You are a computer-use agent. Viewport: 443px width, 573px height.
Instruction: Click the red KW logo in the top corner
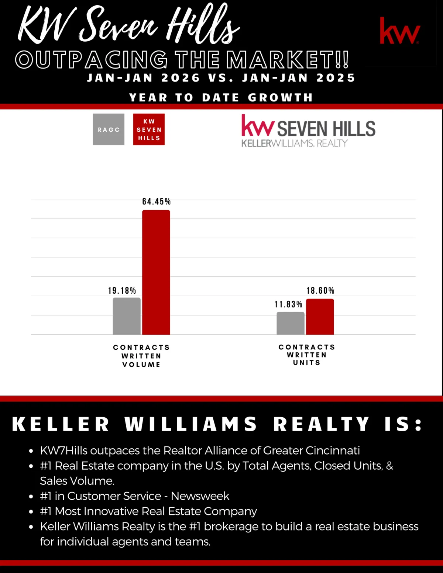click(400, 31)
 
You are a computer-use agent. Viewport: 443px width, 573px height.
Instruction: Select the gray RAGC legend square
click(109, 130)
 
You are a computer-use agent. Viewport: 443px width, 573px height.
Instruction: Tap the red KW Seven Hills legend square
click(149, 130)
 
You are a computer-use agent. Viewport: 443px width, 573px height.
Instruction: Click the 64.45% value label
click(157, 201)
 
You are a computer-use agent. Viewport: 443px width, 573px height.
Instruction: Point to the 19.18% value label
click(122, 291)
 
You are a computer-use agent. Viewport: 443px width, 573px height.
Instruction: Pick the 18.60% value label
click(320, 291)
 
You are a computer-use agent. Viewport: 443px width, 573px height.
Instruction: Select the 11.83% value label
click(288, 304)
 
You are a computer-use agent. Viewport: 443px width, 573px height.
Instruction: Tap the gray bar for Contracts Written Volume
click(127, 316)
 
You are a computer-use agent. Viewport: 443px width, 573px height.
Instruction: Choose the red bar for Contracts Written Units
click(320, 317)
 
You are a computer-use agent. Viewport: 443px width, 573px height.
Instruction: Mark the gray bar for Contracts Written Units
click(291, 323)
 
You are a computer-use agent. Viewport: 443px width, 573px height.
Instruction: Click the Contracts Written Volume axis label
click(141, 356)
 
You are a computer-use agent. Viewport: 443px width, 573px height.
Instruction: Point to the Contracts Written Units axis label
click(307, 355)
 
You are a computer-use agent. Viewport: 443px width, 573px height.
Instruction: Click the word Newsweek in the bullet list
click(200, 496)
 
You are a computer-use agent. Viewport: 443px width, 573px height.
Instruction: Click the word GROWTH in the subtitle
click(281, 97)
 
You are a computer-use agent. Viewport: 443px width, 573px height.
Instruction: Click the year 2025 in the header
click(336, 78)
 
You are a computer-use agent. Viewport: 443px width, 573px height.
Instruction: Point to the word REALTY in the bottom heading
click(321, 424)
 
